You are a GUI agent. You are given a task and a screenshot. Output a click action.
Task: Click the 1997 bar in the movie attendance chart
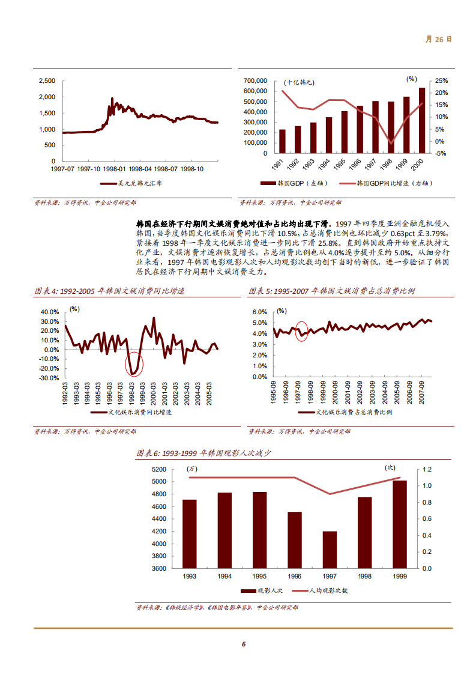[330, 549]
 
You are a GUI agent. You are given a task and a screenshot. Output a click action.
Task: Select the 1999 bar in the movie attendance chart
[399, 524]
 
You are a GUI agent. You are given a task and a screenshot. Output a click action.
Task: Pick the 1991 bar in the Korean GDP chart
[282, 141]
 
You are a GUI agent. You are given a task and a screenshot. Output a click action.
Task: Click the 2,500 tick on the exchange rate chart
[47, 80]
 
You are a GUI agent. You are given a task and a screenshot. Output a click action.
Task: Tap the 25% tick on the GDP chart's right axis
[441, 80]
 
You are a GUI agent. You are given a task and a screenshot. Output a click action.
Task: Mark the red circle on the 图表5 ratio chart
[302, 331]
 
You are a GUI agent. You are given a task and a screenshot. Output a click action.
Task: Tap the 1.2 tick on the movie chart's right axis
[428, 469]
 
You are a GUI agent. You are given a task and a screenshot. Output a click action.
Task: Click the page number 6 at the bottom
[243, 644]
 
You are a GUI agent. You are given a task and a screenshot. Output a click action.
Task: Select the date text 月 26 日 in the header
[438, 39]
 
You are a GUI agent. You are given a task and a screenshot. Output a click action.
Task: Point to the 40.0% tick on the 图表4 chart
[50, 312]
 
